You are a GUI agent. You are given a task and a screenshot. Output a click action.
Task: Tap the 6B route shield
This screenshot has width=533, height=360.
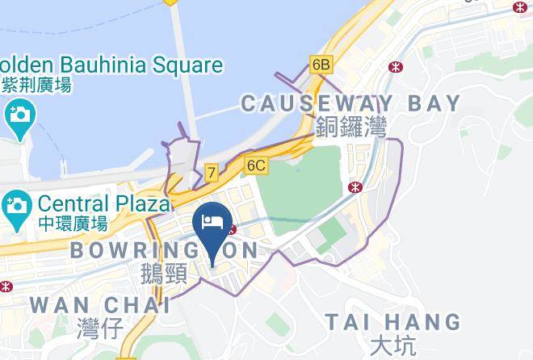pos(321,64)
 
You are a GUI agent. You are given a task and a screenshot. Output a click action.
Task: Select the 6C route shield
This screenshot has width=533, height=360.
pos(256,165)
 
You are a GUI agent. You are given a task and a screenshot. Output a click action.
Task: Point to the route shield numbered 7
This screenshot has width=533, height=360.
pos(212,172)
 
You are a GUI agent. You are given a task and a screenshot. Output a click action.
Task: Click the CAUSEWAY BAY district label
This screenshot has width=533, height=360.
pos(350,103)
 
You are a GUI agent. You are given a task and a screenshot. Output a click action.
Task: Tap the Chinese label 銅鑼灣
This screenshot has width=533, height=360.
pos(351,126)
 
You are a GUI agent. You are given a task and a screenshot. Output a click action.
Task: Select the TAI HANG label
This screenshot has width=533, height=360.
pos(393,322)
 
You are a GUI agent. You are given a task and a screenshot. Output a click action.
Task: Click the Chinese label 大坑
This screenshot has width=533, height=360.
pos(392,345)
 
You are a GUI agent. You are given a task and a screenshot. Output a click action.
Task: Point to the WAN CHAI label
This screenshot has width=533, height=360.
pos(99,306)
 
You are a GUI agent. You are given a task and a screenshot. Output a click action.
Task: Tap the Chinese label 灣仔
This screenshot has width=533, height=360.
pos(99,329)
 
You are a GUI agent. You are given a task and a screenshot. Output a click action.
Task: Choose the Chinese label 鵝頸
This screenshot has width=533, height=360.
pos(164,274)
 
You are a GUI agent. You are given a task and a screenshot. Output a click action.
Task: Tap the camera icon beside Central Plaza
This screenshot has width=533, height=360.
pos(16,204)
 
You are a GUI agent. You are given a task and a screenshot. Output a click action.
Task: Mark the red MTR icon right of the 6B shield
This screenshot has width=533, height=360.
pos(396,66)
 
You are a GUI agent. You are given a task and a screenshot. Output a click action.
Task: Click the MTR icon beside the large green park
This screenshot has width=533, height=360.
pos(354,187)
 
